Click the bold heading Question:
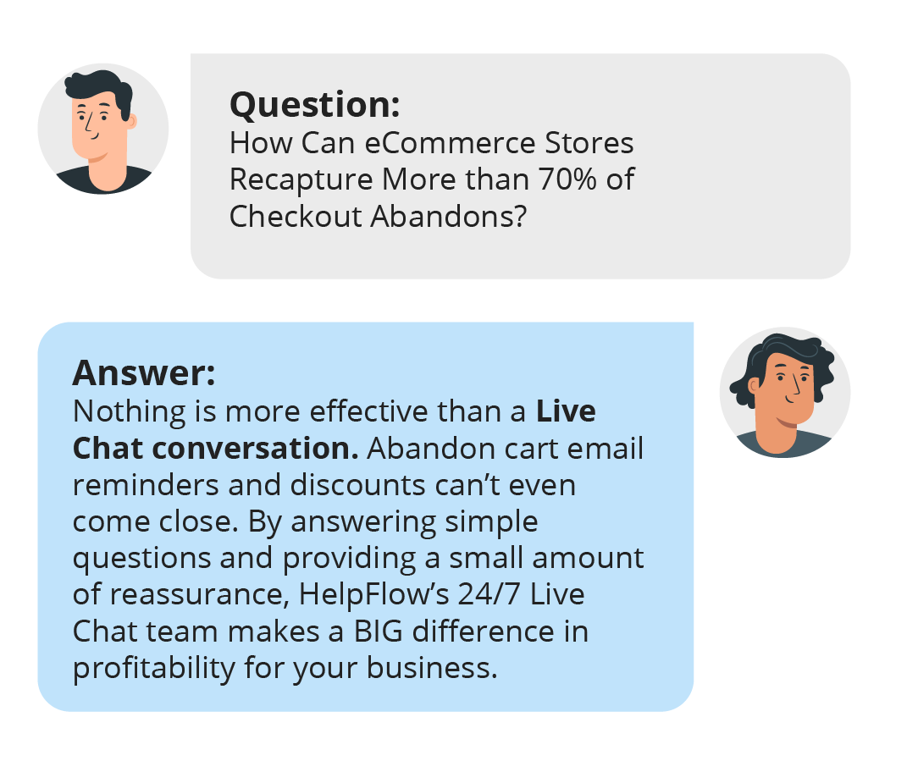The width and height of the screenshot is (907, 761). (315, 105)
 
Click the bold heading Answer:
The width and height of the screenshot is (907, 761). (144, 373)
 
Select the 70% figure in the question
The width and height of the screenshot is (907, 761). (567, 179)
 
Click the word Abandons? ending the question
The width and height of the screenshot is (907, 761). (449, 216)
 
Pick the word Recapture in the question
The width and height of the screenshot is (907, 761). (301, 180)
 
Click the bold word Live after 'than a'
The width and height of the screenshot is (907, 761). (566, 411)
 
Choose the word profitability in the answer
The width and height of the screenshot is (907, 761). (154, 669)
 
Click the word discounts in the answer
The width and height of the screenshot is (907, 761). (357, 484)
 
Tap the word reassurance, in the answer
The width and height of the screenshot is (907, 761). (200, 594)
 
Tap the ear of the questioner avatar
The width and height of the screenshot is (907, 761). (132, 121)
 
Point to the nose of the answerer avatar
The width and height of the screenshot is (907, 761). (796, 383)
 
